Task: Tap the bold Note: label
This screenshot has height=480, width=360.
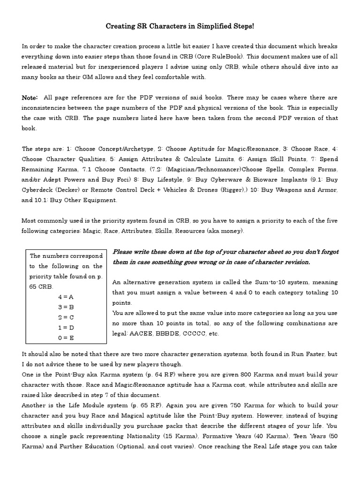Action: pyautogui.click(x=30, y=97)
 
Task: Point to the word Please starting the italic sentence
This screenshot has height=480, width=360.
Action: pyautogui.click(x=123, y=252)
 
